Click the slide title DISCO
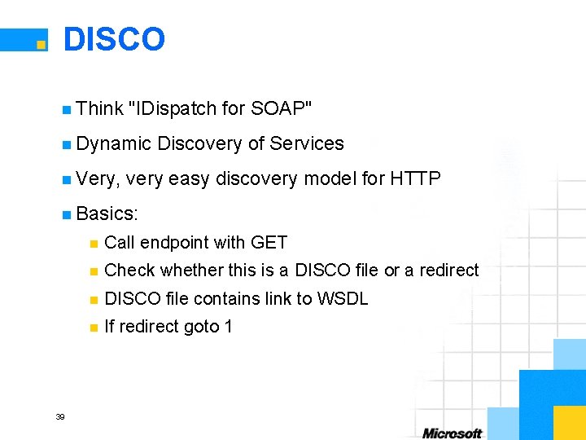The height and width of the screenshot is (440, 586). (114, 39)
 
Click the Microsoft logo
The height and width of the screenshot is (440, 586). (452, 432)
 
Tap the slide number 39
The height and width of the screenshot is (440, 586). (59, 417)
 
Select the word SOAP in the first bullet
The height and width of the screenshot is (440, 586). (281, 108)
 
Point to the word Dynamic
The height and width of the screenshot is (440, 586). (114, 143)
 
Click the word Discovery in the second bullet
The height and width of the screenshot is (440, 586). (199, 143)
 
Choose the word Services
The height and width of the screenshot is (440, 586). (307, 143)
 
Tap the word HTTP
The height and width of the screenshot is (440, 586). (415, 178)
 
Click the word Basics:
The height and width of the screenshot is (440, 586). (107, 213)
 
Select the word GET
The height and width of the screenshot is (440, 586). (269, 242)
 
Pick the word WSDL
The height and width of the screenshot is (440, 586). (343, 298)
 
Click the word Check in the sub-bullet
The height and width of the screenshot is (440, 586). (130, 270)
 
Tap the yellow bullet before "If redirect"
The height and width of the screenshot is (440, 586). (94, 328)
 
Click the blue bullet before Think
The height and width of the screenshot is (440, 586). (66, 109)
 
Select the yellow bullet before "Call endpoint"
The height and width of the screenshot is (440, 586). (94, 243)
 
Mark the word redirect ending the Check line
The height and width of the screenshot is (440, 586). (449, 270)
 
